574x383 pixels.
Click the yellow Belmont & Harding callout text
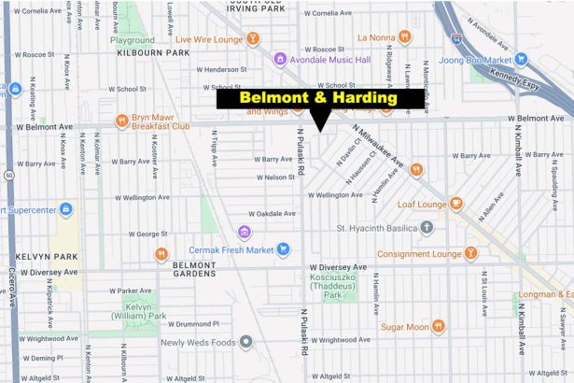click(318, 97)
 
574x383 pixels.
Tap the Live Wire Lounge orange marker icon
click(253, 39)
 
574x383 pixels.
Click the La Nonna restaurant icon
click(404, 36)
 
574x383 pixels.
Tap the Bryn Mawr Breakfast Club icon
click(122, 121)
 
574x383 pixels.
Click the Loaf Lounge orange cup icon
click(455, 204)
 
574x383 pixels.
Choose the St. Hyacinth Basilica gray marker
click(427, 227)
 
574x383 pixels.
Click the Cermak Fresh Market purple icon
click(244, 232)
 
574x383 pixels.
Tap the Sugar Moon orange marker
click(438, 327)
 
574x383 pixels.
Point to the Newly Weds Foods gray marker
click(245, 342)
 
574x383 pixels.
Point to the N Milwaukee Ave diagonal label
click(384, 149)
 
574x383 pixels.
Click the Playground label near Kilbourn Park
click(133, 40)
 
